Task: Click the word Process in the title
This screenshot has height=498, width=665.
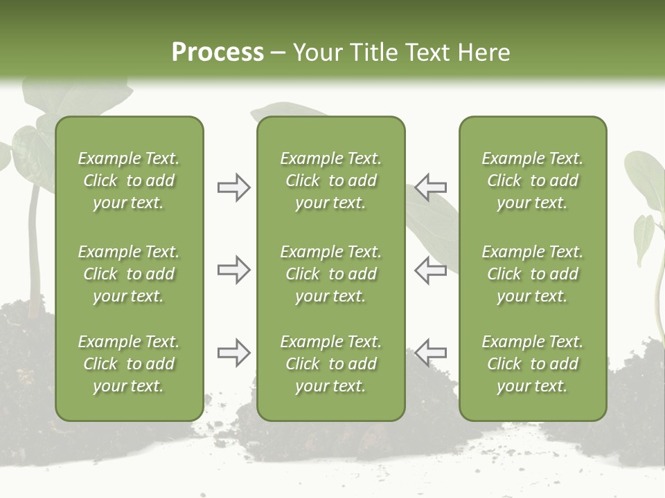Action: [218, 53]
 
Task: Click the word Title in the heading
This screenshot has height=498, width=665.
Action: [372, 53]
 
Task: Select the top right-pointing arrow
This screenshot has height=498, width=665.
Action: [233, 187]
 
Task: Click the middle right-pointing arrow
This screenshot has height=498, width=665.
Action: [233, 270]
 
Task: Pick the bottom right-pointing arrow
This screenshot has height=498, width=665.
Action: [233, 353]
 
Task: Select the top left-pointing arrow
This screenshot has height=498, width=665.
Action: [431, 187]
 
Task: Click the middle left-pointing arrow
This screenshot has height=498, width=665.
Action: [431, 270]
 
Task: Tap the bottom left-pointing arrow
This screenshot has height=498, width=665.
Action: [431, 353]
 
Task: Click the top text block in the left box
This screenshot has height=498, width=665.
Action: [129, 181]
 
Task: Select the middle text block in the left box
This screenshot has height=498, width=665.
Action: [129, 274]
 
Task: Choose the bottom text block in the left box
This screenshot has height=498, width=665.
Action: [129, 364]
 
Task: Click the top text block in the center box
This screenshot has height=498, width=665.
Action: [330, 181]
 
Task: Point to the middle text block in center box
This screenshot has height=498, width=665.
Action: [330, 274]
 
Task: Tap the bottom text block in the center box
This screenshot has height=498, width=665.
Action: [330, 364]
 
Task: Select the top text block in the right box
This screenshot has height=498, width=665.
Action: [532, 181]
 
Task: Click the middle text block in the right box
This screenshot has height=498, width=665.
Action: [532, 274]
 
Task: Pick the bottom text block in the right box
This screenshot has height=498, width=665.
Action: [532, 364]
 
